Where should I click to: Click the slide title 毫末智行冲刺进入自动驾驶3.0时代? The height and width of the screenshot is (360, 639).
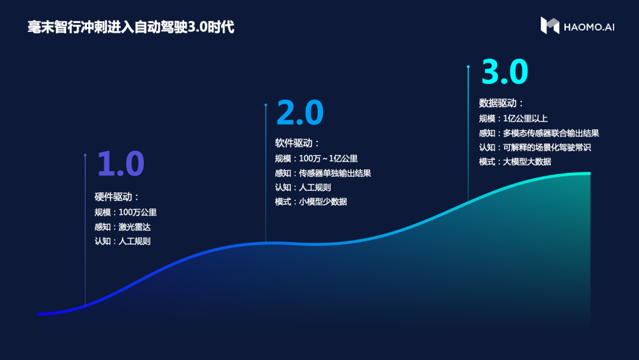[131, 27]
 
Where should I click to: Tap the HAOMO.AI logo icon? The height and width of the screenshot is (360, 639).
[549, 25]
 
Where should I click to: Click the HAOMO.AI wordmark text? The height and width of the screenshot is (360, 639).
[589, 27]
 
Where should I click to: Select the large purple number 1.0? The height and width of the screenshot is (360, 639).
[121, 163]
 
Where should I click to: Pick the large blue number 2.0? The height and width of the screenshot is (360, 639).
[300, 112]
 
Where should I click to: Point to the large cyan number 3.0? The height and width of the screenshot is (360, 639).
[505, 72]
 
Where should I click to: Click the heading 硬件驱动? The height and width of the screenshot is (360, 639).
[117, 197]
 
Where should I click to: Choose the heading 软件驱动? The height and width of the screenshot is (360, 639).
[296, 143]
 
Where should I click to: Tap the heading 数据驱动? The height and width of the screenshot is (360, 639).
[501, 103]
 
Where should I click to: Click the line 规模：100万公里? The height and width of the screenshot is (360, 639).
[125, 213]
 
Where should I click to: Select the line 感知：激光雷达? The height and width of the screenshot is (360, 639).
[122, 227]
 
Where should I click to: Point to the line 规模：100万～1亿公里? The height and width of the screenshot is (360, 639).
[316, 159]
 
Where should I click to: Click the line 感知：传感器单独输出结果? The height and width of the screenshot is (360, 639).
[323, 173]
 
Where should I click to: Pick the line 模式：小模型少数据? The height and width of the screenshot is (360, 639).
[311, 202]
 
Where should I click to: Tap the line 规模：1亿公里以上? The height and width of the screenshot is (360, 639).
[514, 118]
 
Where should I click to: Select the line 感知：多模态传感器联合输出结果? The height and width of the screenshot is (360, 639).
[539, 133]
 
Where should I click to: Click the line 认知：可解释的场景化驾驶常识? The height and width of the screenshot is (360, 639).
[535, 147]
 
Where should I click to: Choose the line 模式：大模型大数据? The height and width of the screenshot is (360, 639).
[515, 162]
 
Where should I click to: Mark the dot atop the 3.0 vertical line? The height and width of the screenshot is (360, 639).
[468, 66]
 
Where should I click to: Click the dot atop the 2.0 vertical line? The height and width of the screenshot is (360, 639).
[266, 105]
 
